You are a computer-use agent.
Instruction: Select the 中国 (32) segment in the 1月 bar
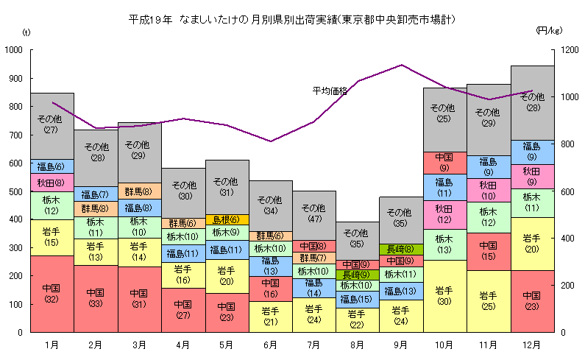tap(52, 294)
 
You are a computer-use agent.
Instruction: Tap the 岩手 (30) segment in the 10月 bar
tap(444, 295)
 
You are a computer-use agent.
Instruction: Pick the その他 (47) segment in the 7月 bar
tap(313, 213)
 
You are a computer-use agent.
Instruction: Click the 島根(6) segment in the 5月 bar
tap(226, 219)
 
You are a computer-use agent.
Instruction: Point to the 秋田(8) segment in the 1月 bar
tap(52, 183)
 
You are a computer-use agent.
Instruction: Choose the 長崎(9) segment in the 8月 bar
tap(357, 275)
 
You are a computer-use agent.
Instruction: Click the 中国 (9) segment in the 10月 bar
tap(444, 162)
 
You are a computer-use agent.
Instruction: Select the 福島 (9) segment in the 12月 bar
tap(531, 151)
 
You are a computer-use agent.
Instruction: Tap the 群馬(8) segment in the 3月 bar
tap(138, 191)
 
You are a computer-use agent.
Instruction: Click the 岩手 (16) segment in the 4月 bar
tap(182, 275)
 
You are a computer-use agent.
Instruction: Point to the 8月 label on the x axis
tap(357, 344)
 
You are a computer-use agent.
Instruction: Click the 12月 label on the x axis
tap(531, 344)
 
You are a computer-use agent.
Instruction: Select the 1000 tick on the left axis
tap(14, 50)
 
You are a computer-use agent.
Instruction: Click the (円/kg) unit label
tap(548, 31)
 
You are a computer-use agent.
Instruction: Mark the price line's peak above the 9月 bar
tap(401, 65)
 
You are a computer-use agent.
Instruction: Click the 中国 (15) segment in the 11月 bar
tap(488, 250)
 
